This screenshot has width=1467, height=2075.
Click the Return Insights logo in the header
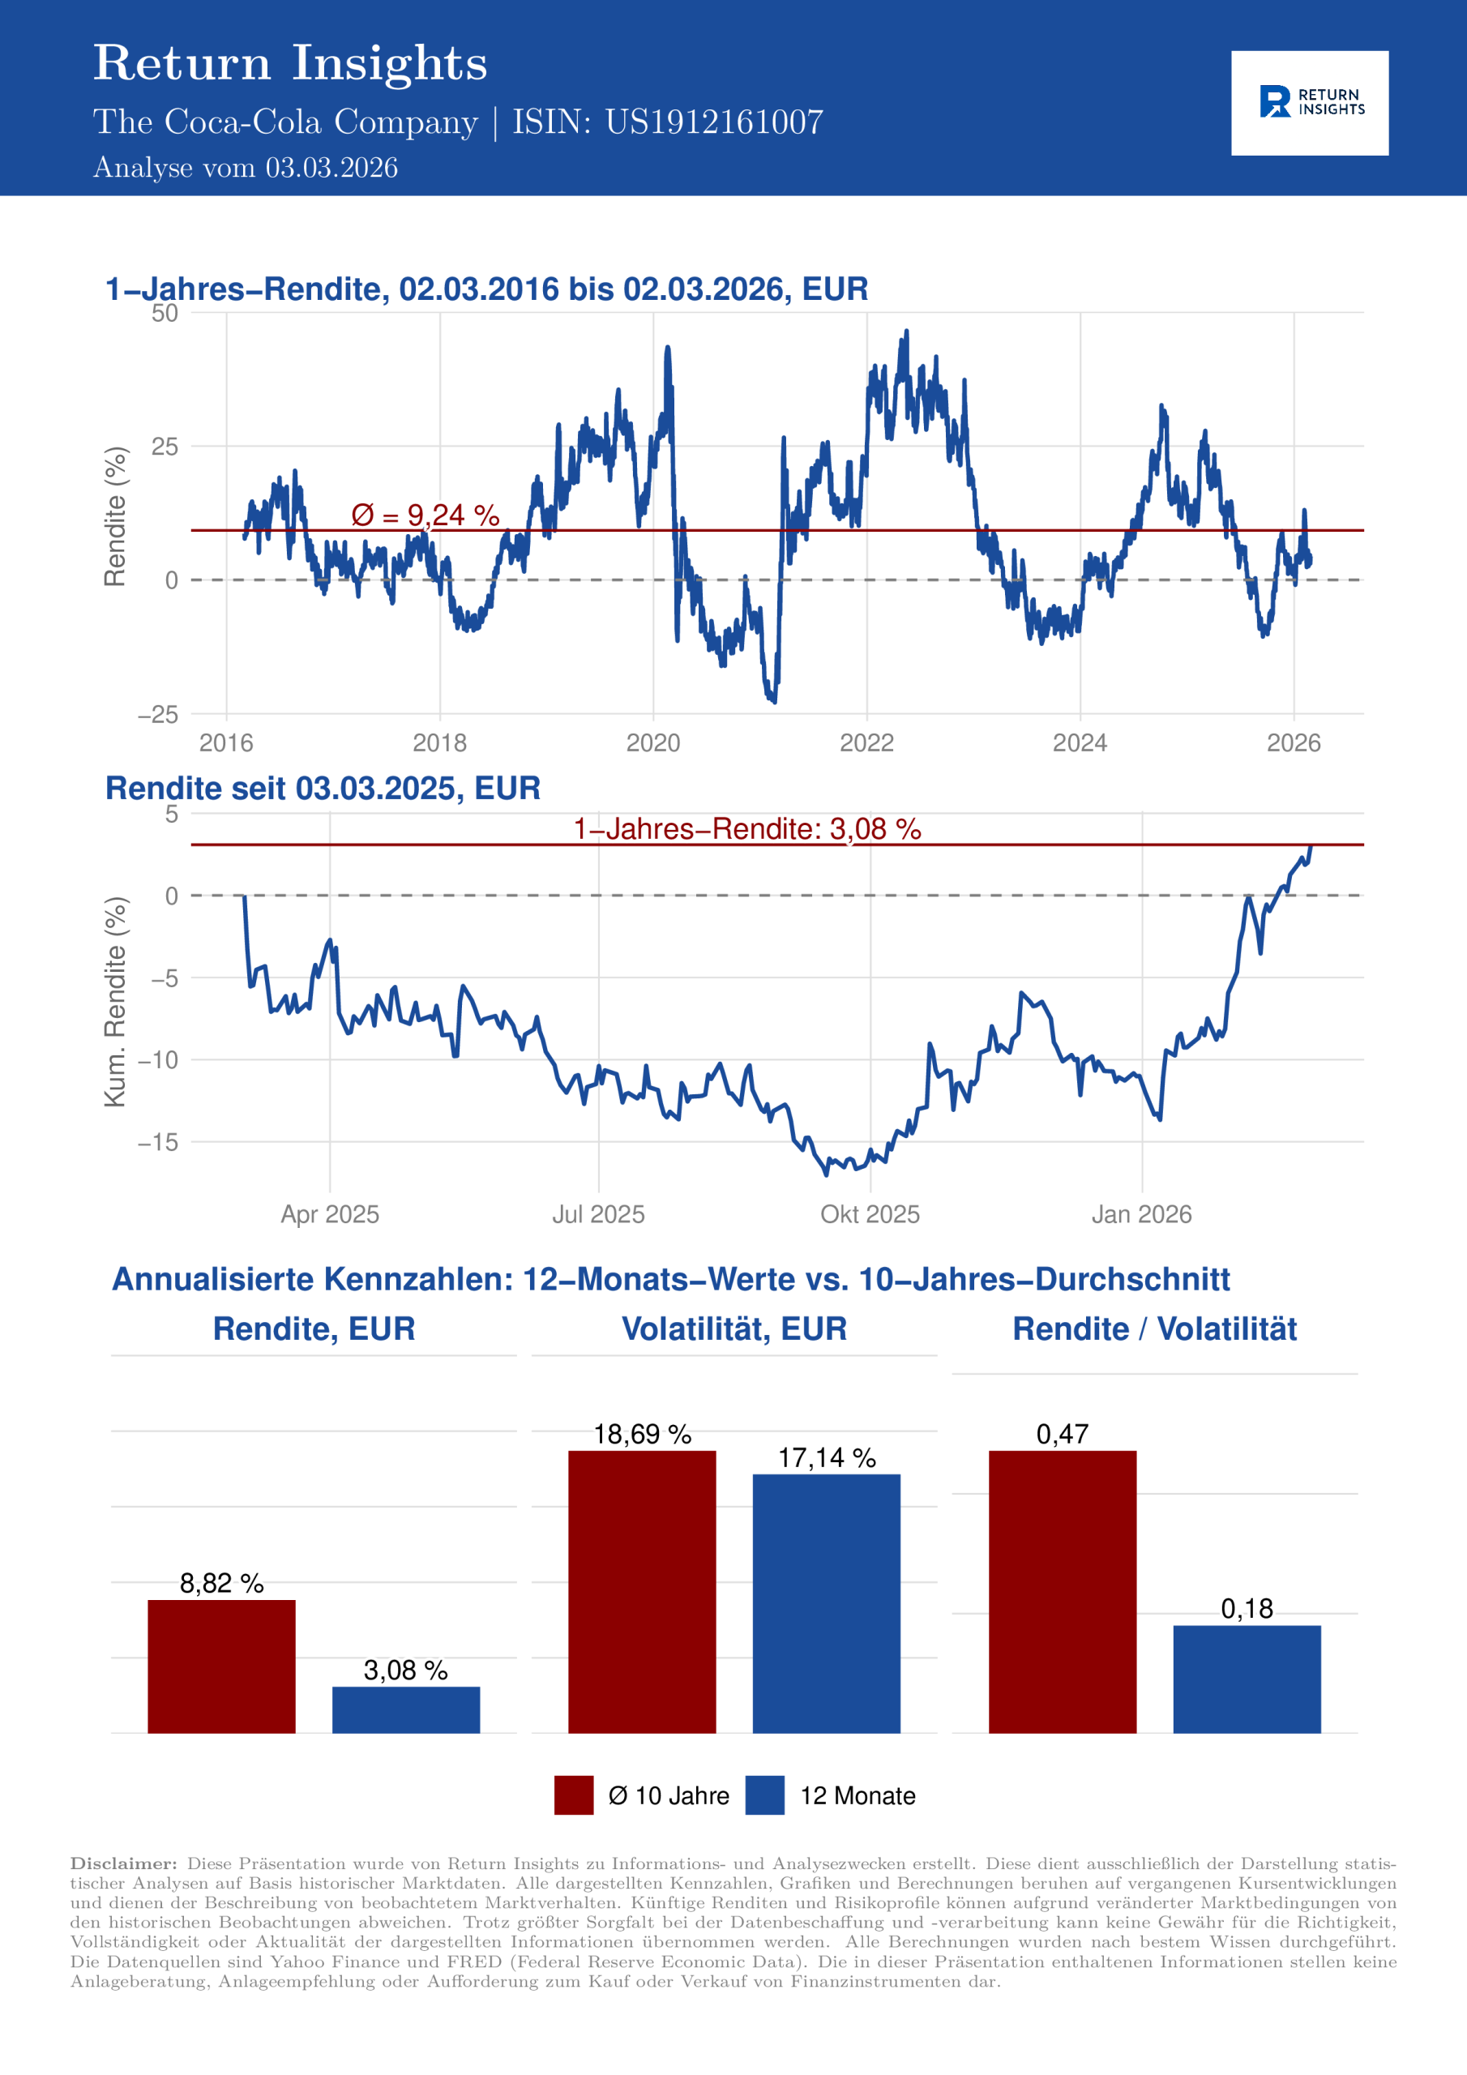pos(1309,102)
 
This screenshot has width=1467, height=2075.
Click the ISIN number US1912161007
pos(713,122)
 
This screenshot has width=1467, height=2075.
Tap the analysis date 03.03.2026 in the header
pos(331,168)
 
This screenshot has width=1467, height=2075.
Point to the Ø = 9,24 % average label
pos(425,516)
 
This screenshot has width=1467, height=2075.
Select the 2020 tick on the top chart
pos(652,743)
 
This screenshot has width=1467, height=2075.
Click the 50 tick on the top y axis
pos(165,314)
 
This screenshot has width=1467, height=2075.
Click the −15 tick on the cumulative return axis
pos(157,1142)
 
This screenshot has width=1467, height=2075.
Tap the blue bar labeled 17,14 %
pos(826,1603)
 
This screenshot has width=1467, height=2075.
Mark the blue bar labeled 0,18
pos(1247,1679)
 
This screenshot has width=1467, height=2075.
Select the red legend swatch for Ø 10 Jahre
pos(574,1795)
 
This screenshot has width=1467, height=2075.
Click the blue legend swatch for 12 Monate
pos(764,1795)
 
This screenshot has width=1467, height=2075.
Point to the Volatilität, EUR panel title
pos(734,1328)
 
